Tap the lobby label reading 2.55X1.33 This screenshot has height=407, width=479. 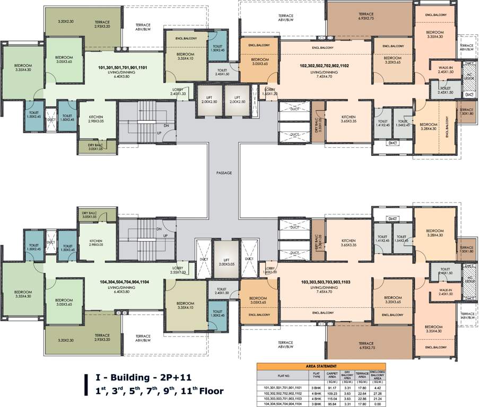click(178, 272)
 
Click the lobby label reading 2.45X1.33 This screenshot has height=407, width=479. click(178, 93)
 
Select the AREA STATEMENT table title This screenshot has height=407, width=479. click(321, 366)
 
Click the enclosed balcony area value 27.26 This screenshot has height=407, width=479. click(377, 393)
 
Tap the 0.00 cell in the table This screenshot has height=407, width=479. click(377, 403)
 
